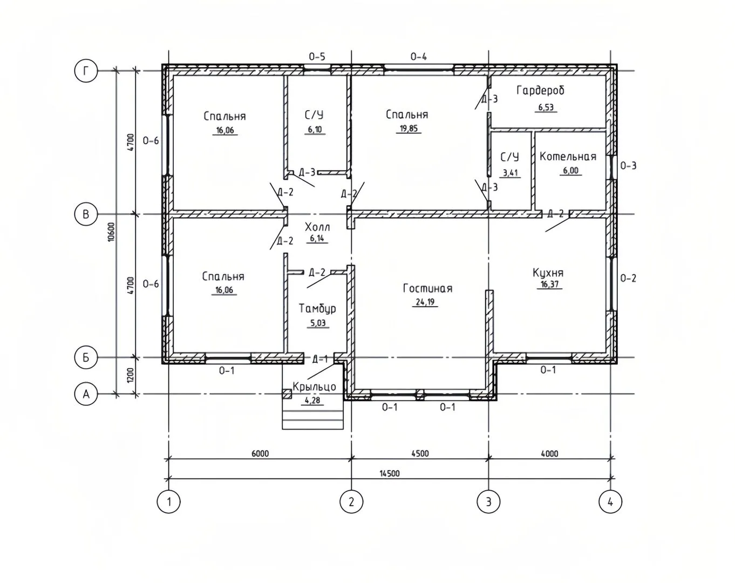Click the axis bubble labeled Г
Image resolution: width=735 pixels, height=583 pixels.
coord(86,71)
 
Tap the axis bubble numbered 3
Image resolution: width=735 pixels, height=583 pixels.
coord(488,501)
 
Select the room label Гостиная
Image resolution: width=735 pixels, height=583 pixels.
coord(427,288)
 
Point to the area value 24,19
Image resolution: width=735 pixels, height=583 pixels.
coord(425,302)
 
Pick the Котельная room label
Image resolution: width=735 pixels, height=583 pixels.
coord(568,157)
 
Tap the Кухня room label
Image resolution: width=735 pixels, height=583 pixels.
coord(548,273)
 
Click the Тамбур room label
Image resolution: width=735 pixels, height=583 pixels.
coord(318,309)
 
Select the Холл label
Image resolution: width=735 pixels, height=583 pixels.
coord(317,227)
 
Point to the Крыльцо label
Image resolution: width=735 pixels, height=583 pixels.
coord(314,387)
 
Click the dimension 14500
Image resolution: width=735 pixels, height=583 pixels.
coord(390,473)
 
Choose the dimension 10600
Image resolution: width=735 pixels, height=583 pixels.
coord(112,232)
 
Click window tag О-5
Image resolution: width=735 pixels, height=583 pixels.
coord(317,56)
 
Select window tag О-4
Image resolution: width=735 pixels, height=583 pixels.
coord(418,56)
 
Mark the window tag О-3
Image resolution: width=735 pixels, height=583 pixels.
coord(629,166)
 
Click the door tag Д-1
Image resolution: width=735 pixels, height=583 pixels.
coord(320,359)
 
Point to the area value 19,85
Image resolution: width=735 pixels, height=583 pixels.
coord(409,128)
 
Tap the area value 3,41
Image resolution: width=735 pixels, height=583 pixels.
coord(511,173)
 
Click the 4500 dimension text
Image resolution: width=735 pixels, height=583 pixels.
coord(420,453)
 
